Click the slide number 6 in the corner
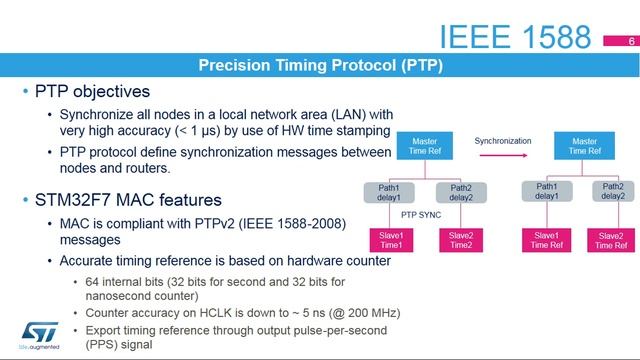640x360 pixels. coord(631,42)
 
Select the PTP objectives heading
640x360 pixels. coord(92,92)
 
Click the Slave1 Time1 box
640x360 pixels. coord(390,240)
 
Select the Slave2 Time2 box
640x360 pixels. coord(461,240)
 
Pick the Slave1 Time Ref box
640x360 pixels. coord(546,240)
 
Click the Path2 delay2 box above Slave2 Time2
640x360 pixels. coord(461,192)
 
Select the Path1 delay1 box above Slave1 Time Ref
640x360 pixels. coord(546,191)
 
